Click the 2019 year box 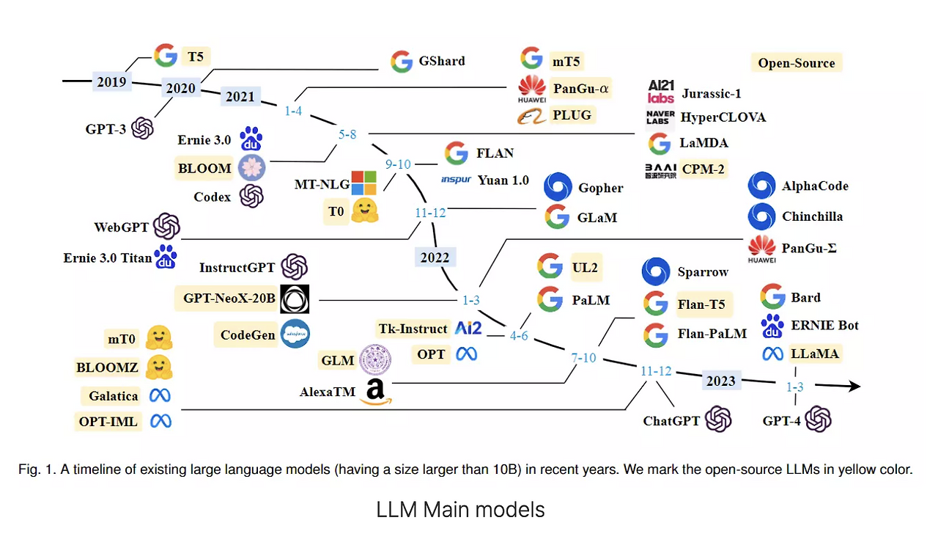pyautogui.click(x=111, y=82)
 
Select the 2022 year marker pyautogui.click(x=435, y=257)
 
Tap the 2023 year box pyautogui.click(x=720, y=381)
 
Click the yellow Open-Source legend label pyautogui.click(x=796, y=62)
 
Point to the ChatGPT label pyautogui.click(x=671, y=421)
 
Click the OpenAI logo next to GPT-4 pyautogui.click(x=818, y=420)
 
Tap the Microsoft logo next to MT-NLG pyautogui.click(x=363, y=183)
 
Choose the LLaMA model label pyautogui.click(x=814, y=354)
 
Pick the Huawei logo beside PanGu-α pyautogui.click(x=532, y=89)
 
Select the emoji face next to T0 pyautogui.click(x=363, y=211)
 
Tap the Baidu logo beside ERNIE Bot pyautogui.click(x=772, y=325)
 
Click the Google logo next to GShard pyautogui.click(x=402, y=61)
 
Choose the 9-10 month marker pyautogui.click(x=398, y=164)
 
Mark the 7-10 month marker pyautogui.click(x=584, y=358)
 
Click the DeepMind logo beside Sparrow pyautogui.click(x=656, y=271)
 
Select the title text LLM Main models pyautogui.click(x=460, y=509)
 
